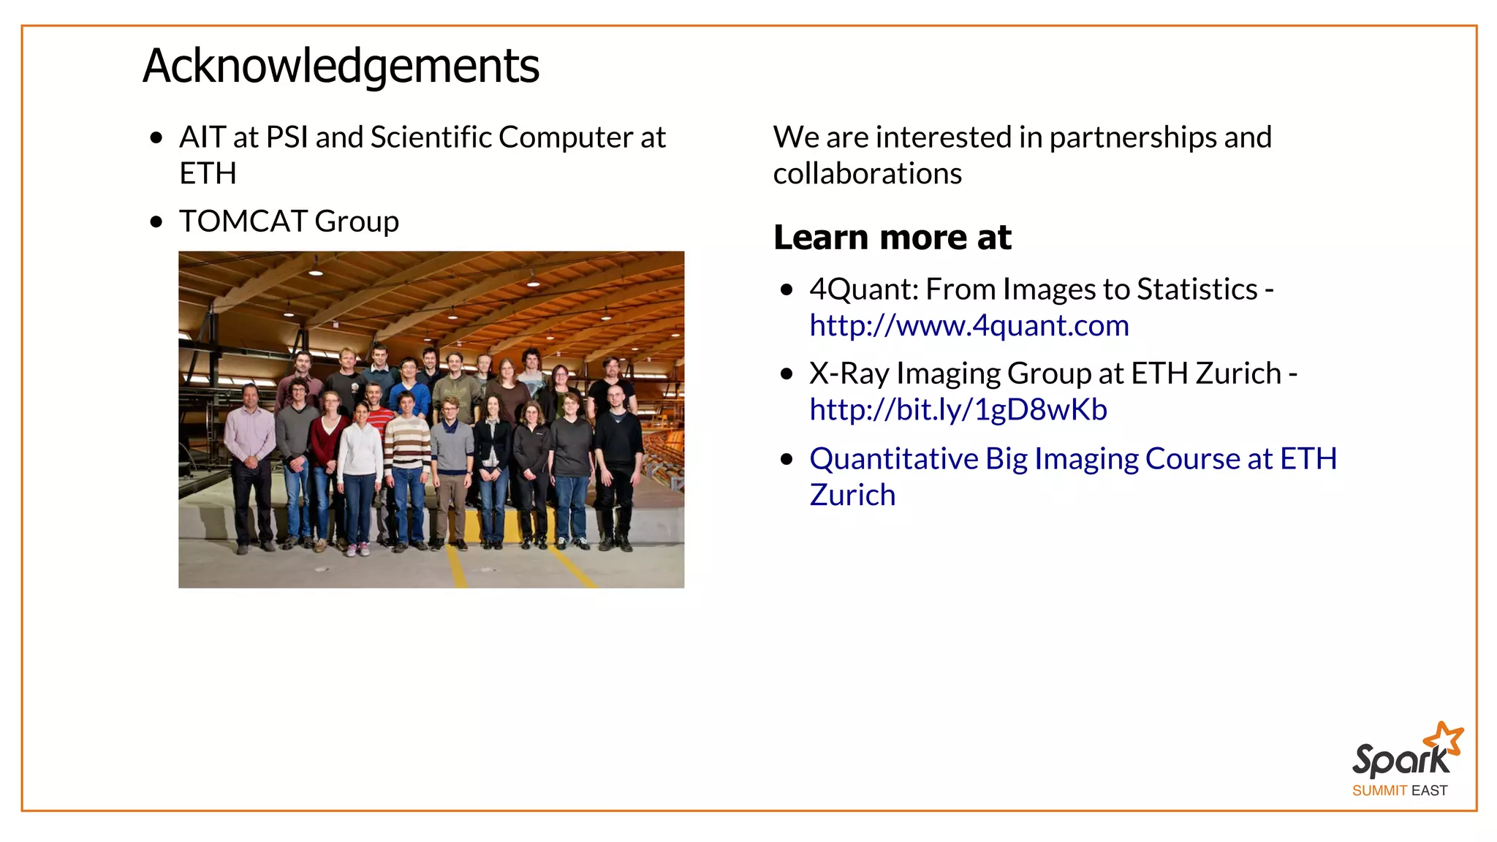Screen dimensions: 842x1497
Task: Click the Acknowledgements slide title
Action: [341, 66]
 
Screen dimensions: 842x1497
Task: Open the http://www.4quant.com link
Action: [969, 326]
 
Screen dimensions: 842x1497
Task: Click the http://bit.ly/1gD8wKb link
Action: [958, 410]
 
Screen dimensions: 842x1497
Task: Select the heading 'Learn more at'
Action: [892, 238]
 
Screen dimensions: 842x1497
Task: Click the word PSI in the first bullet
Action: [287, 137]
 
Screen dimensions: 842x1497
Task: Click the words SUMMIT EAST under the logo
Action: [1399, 791]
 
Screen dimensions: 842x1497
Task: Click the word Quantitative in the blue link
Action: [892, 459]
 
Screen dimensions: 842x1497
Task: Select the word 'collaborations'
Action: [867, 174]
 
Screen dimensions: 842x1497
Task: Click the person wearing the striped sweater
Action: [408, 468]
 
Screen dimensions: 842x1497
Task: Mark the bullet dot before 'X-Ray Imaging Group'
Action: [787, 374]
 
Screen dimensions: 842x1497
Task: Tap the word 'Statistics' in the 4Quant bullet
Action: [1197, 289]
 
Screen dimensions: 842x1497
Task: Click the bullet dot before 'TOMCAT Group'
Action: [156, 222]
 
